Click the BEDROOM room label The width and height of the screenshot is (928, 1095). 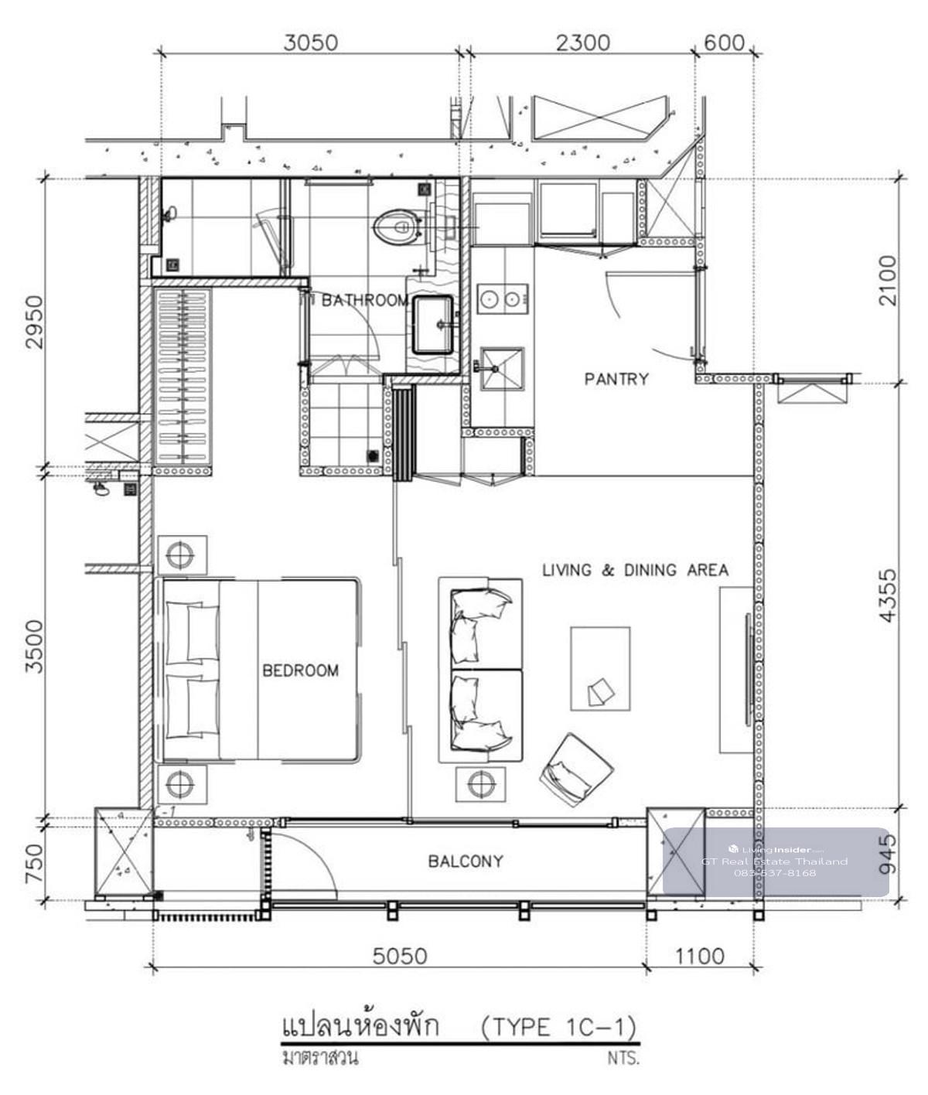[300, 670]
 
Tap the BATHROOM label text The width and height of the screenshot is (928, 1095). [365, 301]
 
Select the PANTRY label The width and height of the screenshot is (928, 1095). [616, 379]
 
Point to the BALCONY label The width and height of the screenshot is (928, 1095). [466, 861]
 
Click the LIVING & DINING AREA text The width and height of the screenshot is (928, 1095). [635, 570]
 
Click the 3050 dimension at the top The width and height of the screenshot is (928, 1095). [310, 43]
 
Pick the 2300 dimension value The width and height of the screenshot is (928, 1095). [582, 43]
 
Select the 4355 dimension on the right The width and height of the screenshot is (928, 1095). [888, 595]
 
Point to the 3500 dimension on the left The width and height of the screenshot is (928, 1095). [34, 646]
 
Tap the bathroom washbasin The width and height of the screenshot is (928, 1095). [433, 325]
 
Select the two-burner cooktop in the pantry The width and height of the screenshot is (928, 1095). [503, 299]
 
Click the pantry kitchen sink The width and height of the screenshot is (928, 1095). [502, 368]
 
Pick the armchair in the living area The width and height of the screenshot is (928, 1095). [576, 769]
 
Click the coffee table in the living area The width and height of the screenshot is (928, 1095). [600, 669]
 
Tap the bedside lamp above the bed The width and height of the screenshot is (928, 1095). [182, 555]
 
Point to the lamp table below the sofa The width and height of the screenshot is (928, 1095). [480, 784]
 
